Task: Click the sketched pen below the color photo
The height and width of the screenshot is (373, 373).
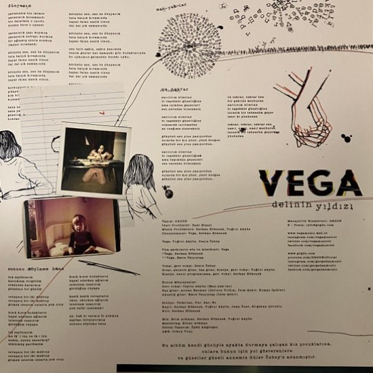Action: click(109, 266)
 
